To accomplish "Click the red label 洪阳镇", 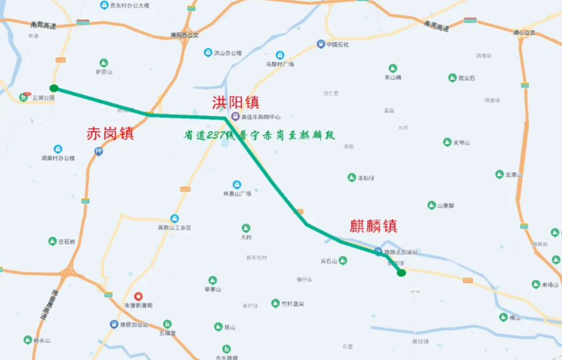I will tap(235, 102).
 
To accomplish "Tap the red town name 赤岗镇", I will tap(110, 133).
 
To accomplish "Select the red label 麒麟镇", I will tap(373, 226).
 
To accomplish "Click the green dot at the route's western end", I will tap(54, 88).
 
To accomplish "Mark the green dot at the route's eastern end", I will tap(402, 273).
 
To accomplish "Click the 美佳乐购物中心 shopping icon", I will tap(235, 117).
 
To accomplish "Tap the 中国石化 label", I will tap(337, 44).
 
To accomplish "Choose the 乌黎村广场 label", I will tap(279, 64).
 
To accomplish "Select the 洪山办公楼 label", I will tap(227, 53).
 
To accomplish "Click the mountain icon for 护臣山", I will tap(104, 62).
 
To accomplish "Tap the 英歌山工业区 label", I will tap(174, 228).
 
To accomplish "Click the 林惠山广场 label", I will tap(237, 193).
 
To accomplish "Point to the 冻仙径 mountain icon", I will tap(352, 178).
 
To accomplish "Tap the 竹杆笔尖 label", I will tap(292, 304).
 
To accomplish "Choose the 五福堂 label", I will tap(167, 333).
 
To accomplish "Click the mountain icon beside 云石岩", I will tap(52, 241).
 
